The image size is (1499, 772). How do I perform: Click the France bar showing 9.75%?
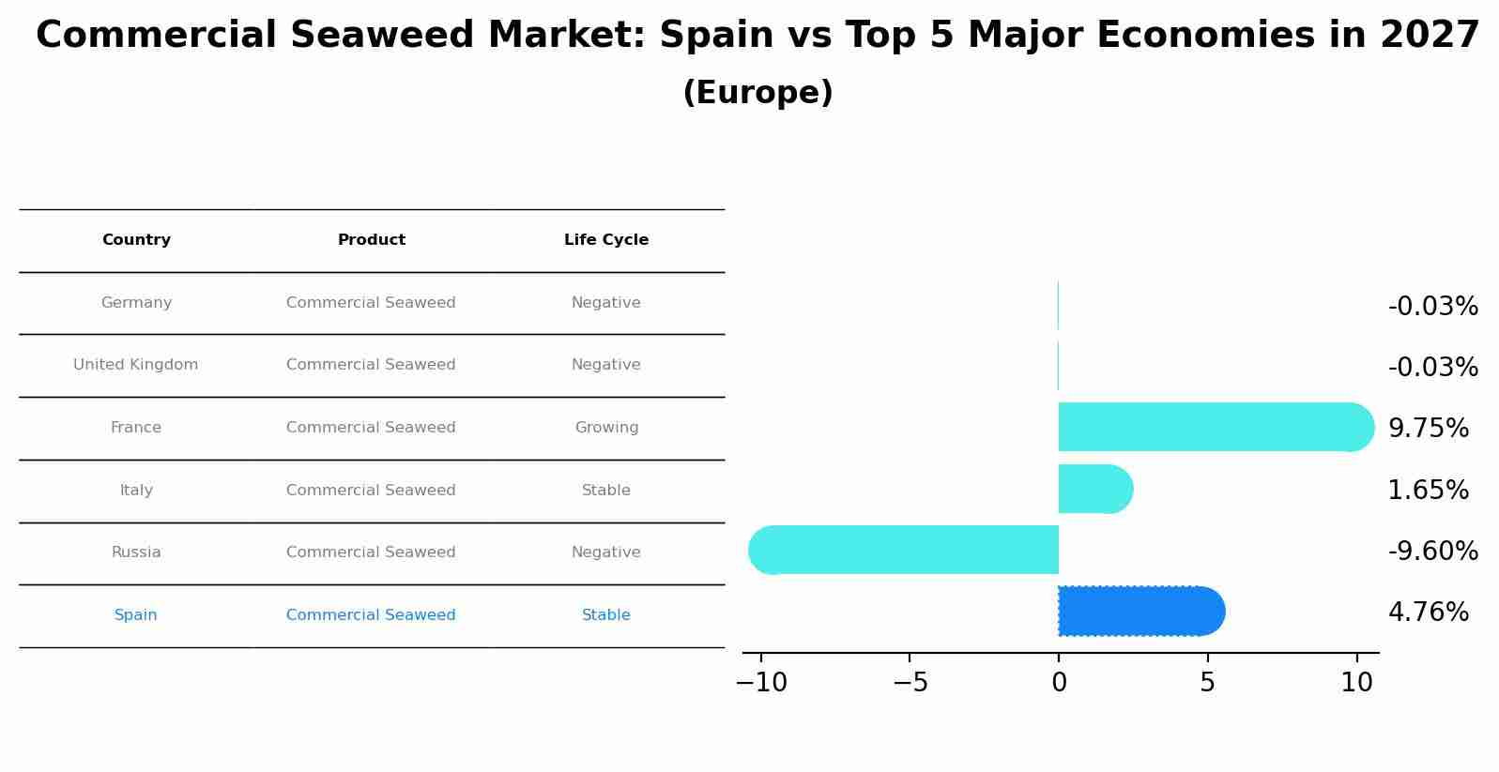(x=1211, y=427)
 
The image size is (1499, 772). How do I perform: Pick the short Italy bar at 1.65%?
(x=1094, y=489)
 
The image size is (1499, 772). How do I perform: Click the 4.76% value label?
(x=1428, y=613)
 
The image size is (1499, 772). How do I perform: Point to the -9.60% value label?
(x=1432, y=551)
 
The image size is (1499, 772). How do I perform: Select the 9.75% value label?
(x=1428, y=428)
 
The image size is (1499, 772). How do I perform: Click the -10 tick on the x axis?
(x=761, y=683)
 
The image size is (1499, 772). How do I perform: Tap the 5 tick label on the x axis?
(x=1207, y=683)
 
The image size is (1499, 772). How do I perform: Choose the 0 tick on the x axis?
(x=1059, y=683)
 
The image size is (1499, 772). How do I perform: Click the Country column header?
(x=136, y=240)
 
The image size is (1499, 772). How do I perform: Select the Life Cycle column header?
(x=606, y=240)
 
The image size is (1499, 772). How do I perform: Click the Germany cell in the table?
(x=136, y=303)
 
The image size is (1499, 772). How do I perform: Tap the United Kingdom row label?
(x=136, y=365)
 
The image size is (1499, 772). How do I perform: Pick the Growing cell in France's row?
(x=606, y=428)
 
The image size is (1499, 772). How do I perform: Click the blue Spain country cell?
(x=136, y=615)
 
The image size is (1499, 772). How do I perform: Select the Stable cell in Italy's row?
(x=606, y=490)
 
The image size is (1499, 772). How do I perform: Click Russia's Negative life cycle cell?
(x=606, y=553)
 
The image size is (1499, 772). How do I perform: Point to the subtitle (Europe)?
(x=757, y=93)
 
